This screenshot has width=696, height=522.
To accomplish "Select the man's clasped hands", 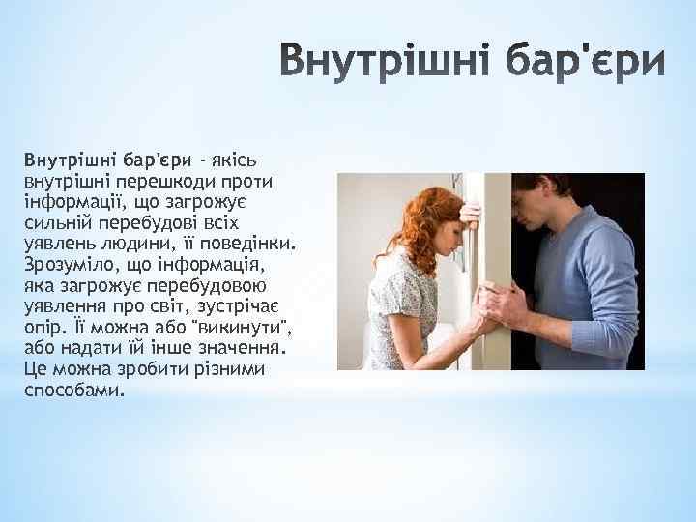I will coord(504,307).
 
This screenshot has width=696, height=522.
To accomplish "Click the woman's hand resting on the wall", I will coord(471,214).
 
